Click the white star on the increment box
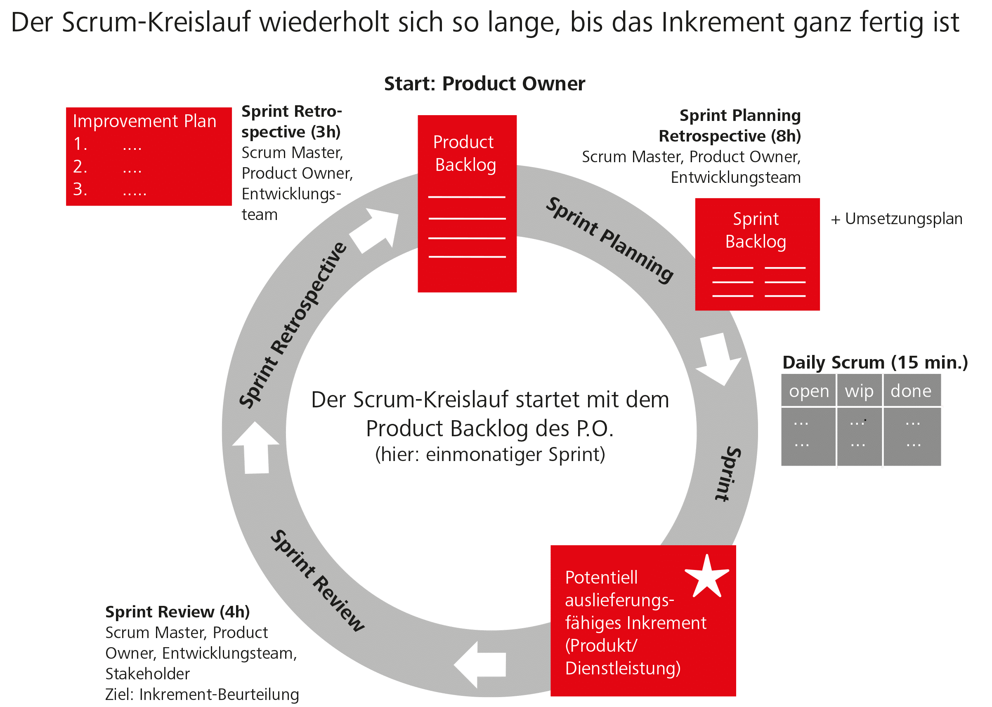(x=706, y=577)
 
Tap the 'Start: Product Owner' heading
(x=484, y=84)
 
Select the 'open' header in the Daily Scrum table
(x=809, y=391)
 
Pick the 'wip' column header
(x=859, y=391)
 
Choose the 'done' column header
(x=911, y=391)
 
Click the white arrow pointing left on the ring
(x=479, y=664)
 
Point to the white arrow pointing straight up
(x=256, y=448)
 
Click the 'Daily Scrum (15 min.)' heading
(x=875, y=362)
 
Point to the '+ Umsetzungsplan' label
(x=897, y=219)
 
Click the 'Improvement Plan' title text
(x=144, y=121)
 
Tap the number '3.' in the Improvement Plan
(x=80, y=189)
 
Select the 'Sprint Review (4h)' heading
(x=177, y=612)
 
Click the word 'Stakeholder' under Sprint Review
(x=148, y=674)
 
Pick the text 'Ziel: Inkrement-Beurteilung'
(x=202, y=694)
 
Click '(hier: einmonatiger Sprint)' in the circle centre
(x=490, y=454)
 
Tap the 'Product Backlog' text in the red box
(x=465, y=153)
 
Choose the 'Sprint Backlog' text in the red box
(x=756, y=230)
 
